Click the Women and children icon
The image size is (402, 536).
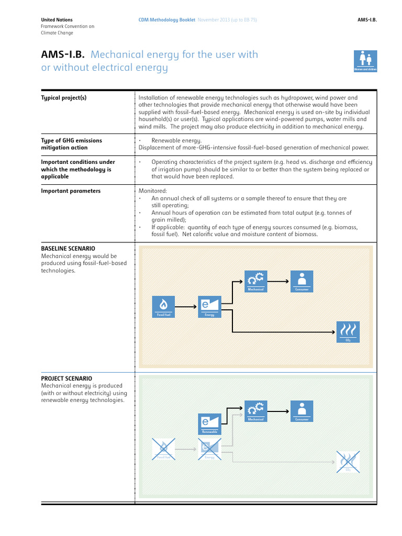tap(365, 61)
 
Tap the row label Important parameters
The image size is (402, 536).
tap(71, 191)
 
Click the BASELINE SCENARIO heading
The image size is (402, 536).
tap(68, 249)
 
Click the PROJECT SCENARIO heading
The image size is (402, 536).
tap(66, 378)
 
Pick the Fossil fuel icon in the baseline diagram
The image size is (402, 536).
tap(163, 306)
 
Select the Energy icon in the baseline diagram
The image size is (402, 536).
tap(209, 306)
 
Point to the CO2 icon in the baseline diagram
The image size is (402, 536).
tap(348, 332)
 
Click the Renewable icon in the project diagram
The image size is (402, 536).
tap(209, 424)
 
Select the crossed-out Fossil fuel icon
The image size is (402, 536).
tap(163, 449)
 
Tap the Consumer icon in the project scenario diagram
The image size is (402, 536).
tap(302, 411)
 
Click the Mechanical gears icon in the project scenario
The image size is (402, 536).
tap(256, 411)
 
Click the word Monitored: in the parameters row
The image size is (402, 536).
tap(153, 191)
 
